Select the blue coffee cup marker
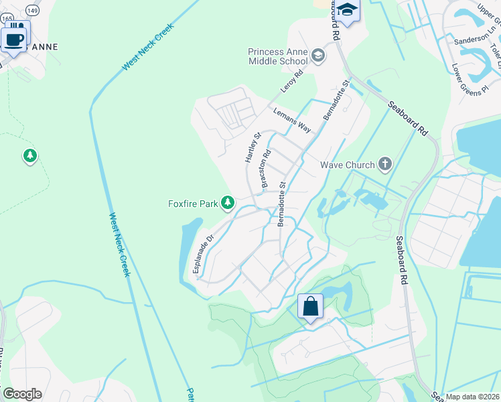click(13, 38)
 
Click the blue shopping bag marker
click(310, 307)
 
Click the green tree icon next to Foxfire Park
click(228, 202)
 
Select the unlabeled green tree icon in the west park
click(29, 157)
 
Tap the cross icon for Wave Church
click(384, 163)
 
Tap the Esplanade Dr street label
click(202, 253)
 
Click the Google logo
click(22, 393)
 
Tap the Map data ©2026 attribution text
click(472, 396)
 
